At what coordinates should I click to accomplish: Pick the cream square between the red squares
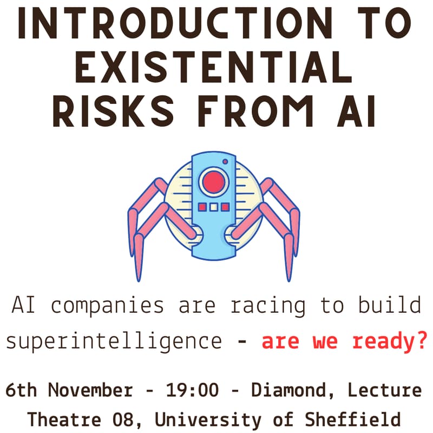[214, 207]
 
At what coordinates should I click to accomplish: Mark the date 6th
[23, 390]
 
